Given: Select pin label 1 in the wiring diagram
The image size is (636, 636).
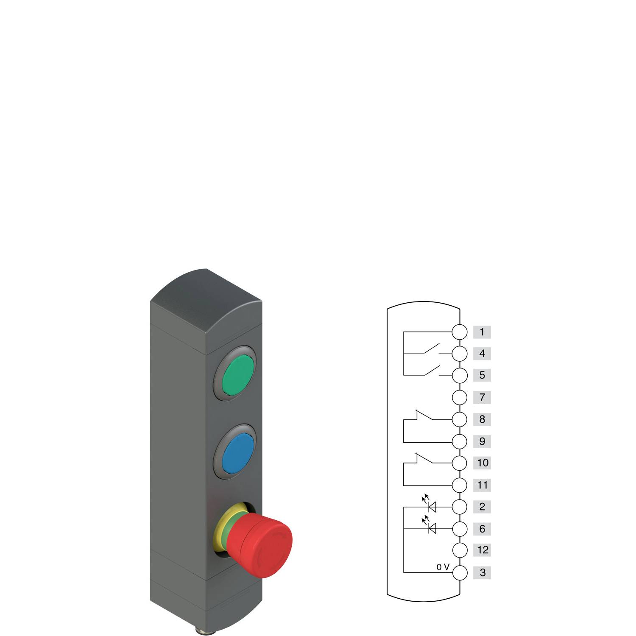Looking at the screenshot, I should [482, 332].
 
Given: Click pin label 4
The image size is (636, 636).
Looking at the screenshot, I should [482, 354].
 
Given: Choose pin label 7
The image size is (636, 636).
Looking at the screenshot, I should [482, 398].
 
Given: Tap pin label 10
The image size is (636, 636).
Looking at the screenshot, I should [482, 463].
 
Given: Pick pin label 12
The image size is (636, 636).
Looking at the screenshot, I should [482, 550].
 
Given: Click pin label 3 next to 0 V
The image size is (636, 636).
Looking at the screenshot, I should [482, 573].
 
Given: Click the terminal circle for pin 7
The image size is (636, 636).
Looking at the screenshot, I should [460, 398].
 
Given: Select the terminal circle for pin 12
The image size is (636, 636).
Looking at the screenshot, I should [460, 550].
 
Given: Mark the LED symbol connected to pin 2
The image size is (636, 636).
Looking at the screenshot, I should [432, 506].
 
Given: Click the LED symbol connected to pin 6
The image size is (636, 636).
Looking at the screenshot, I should [432, 528].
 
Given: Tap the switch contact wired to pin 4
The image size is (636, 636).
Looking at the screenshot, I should [432, 350].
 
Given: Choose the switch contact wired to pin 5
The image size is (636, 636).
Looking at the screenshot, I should [432, 371].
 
